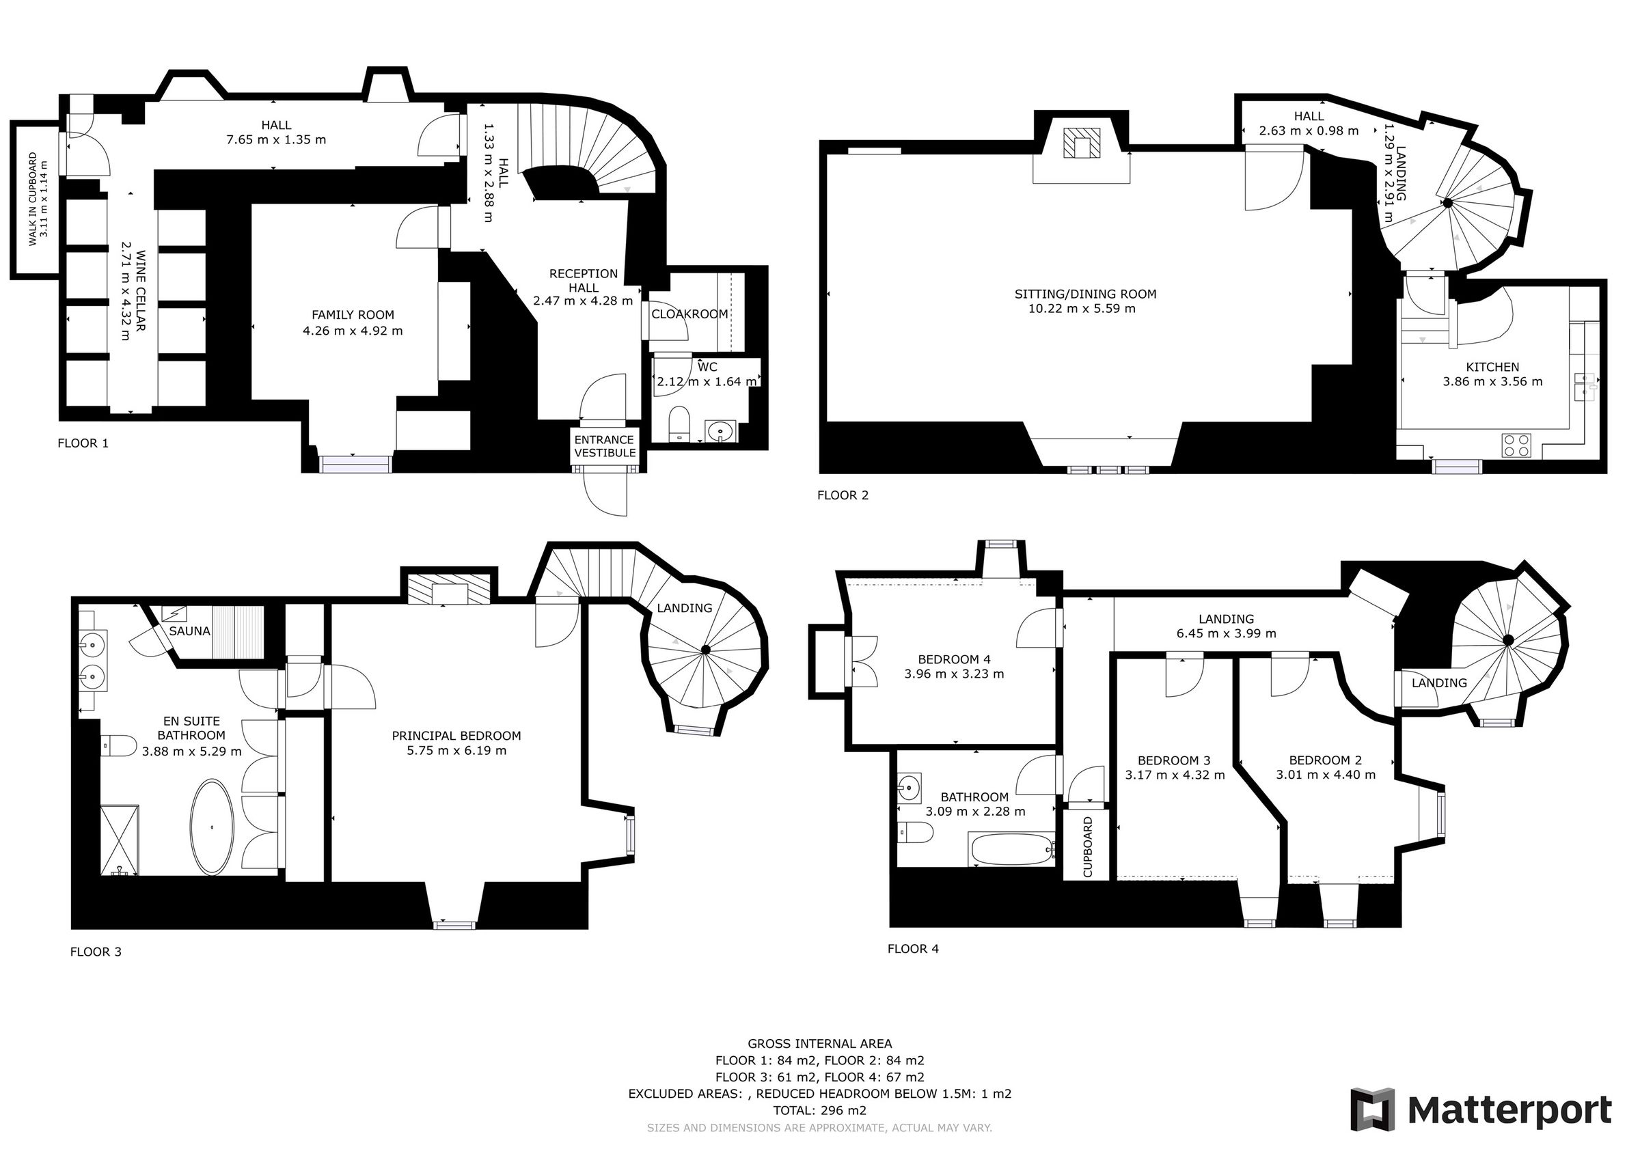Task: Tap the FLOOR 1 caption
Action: click(x=83, y=443)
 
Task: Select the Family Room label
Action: click(x=352, y=315)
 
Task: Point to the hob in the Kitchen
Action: click(x=1516, y=445)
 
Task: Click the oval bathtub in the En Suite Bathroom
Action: click(x=211, y=827)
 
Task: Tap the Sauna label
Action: click(x=189, y=631)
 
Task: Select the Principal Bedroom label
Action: click(x=456, y=736)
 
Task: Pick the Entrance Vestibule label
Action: click(x=604, y=446)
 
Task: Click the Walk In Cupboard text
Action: click(x=33, y=199)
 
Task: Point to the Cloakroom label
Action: click(x=689, y=314)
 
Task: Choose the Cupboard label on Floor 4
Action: click(x=1088, y=847)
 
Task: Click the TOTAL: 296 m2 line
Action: click(x=819, y=1111)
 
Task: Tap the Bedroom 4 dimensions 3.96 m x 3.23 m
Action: click(x=953, y=674)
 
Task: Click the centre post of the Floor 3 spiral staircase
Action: click(x=706, y=649)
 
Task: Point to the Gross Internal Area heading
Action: click(x=819, y=1044)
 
